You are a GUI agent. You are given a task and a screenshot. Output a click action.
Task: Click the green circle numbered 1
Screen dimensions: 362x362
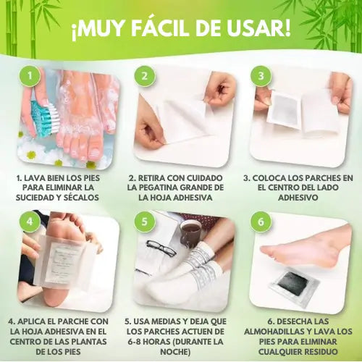pyautogui.click(x=30, y=76)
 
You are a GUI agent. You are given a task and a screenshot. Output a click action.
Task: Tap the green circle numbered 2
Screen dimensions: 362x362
pyautogui.click(x=145, y=76)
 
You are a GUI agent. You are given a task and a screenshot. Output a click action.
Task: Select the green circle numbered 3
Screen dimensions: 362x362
pyautogui.click(x=261, y=76)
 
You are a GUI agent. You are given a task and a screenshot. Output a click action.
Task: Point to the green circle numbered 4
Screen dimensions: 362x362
pyautogui.click(x=30, y=222)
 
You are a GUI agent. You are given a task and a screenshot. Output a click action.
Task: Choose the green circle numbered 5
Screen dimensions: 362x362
pyautogui.click(x=145, y=222)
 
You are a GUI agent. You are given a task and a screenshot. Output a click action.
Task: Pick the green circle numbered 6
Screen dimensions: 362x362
pyautogui.click(x=261, y=222)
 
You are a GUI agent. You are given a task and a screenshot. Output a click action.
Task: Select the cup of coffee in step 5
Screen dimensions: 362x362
pyautogui.click(x=191, y=232)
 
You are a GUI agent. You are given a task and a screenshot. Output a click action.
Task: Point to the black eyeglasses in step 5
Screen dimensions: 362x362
pyautogui.click(x=161, y=248)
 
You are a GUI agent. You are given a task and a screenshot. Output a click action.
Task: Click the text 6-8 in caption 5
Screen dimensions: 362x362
pyautogui.click(x=135, y=341)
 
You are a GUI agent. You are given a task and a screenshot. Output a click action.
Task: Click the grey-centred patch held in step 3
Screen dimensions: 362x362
pyautogui.click(x=285, y=108)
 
